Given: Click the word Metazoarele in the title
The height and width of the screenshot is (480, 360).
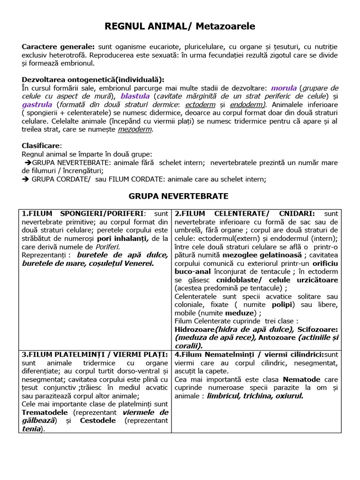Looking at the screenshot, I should tap(226, 27).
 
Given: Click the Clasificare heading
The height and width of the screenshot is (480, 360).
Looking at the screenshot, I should tap(41, 146).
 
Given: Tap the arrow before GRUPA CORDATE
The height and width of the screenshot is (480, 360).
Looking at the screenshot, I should tap(26, 179).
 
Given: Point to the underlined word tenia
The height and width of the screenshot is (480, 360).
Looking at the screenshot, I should tap(30, 429).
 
